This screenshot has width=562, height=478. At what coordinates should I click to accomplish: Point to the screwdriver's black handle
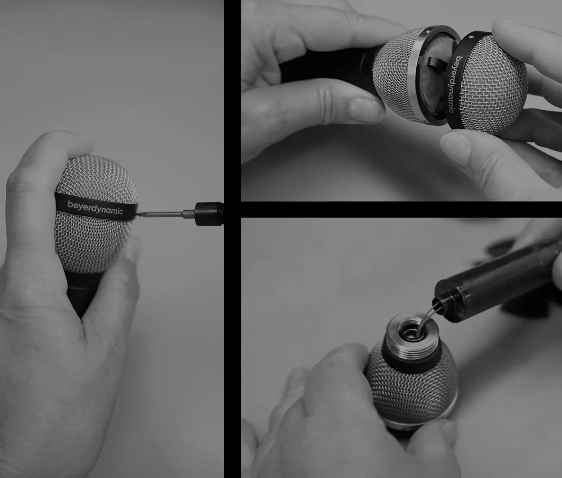[x=209, y=214]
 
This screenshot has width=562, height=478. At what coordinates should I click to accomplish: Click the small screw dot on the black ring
[x=470, y=37]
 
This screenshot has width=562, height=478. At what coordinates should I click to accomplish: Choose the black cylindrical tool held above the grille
[x=494, y=280]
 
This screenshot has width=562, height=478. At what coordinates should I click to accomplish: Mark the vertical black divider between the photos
[x=232, y=238]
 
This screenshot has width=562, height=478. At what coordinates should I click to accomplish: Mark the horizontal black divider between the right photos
[x=401, y=210]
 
